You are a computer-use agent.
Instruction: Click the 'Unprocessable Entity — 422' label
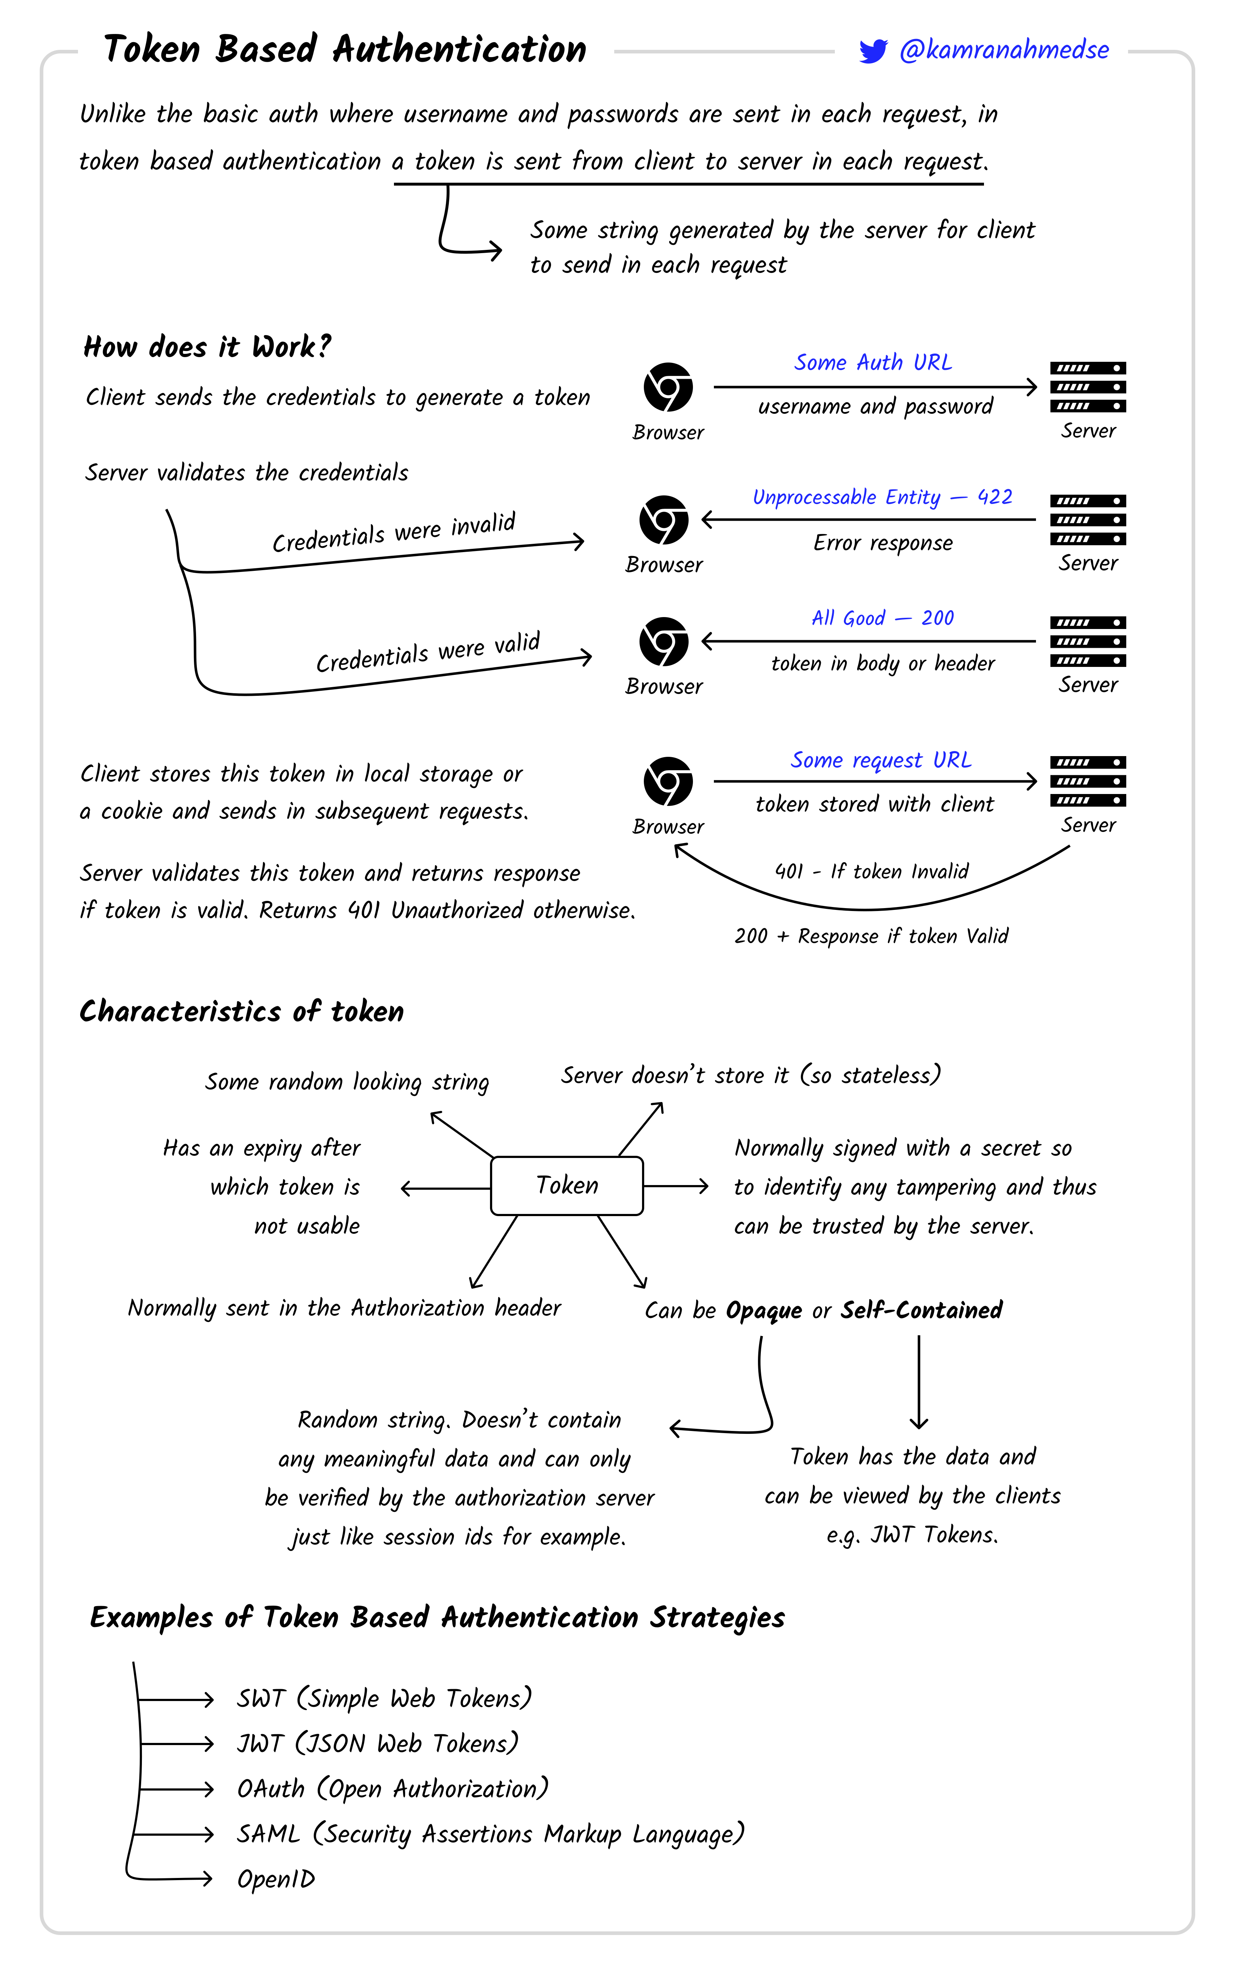point(882,497)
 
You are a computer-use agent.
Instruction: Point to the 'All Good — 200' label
point(883,618)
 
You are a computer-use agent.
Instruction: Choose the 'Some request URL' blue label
point(881,760)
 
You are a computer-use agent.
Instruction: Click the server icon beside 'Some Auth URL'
point(1088,387)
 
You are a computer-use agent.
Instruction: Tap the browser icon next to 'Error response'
point(663,520)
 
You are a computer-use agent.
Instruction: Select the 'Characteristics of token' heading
point(242,1011)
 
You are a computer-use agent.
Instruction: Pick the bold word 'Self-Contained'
point(921,1310)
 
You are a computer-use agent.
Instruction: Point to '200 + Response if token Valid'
point(871,936)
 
